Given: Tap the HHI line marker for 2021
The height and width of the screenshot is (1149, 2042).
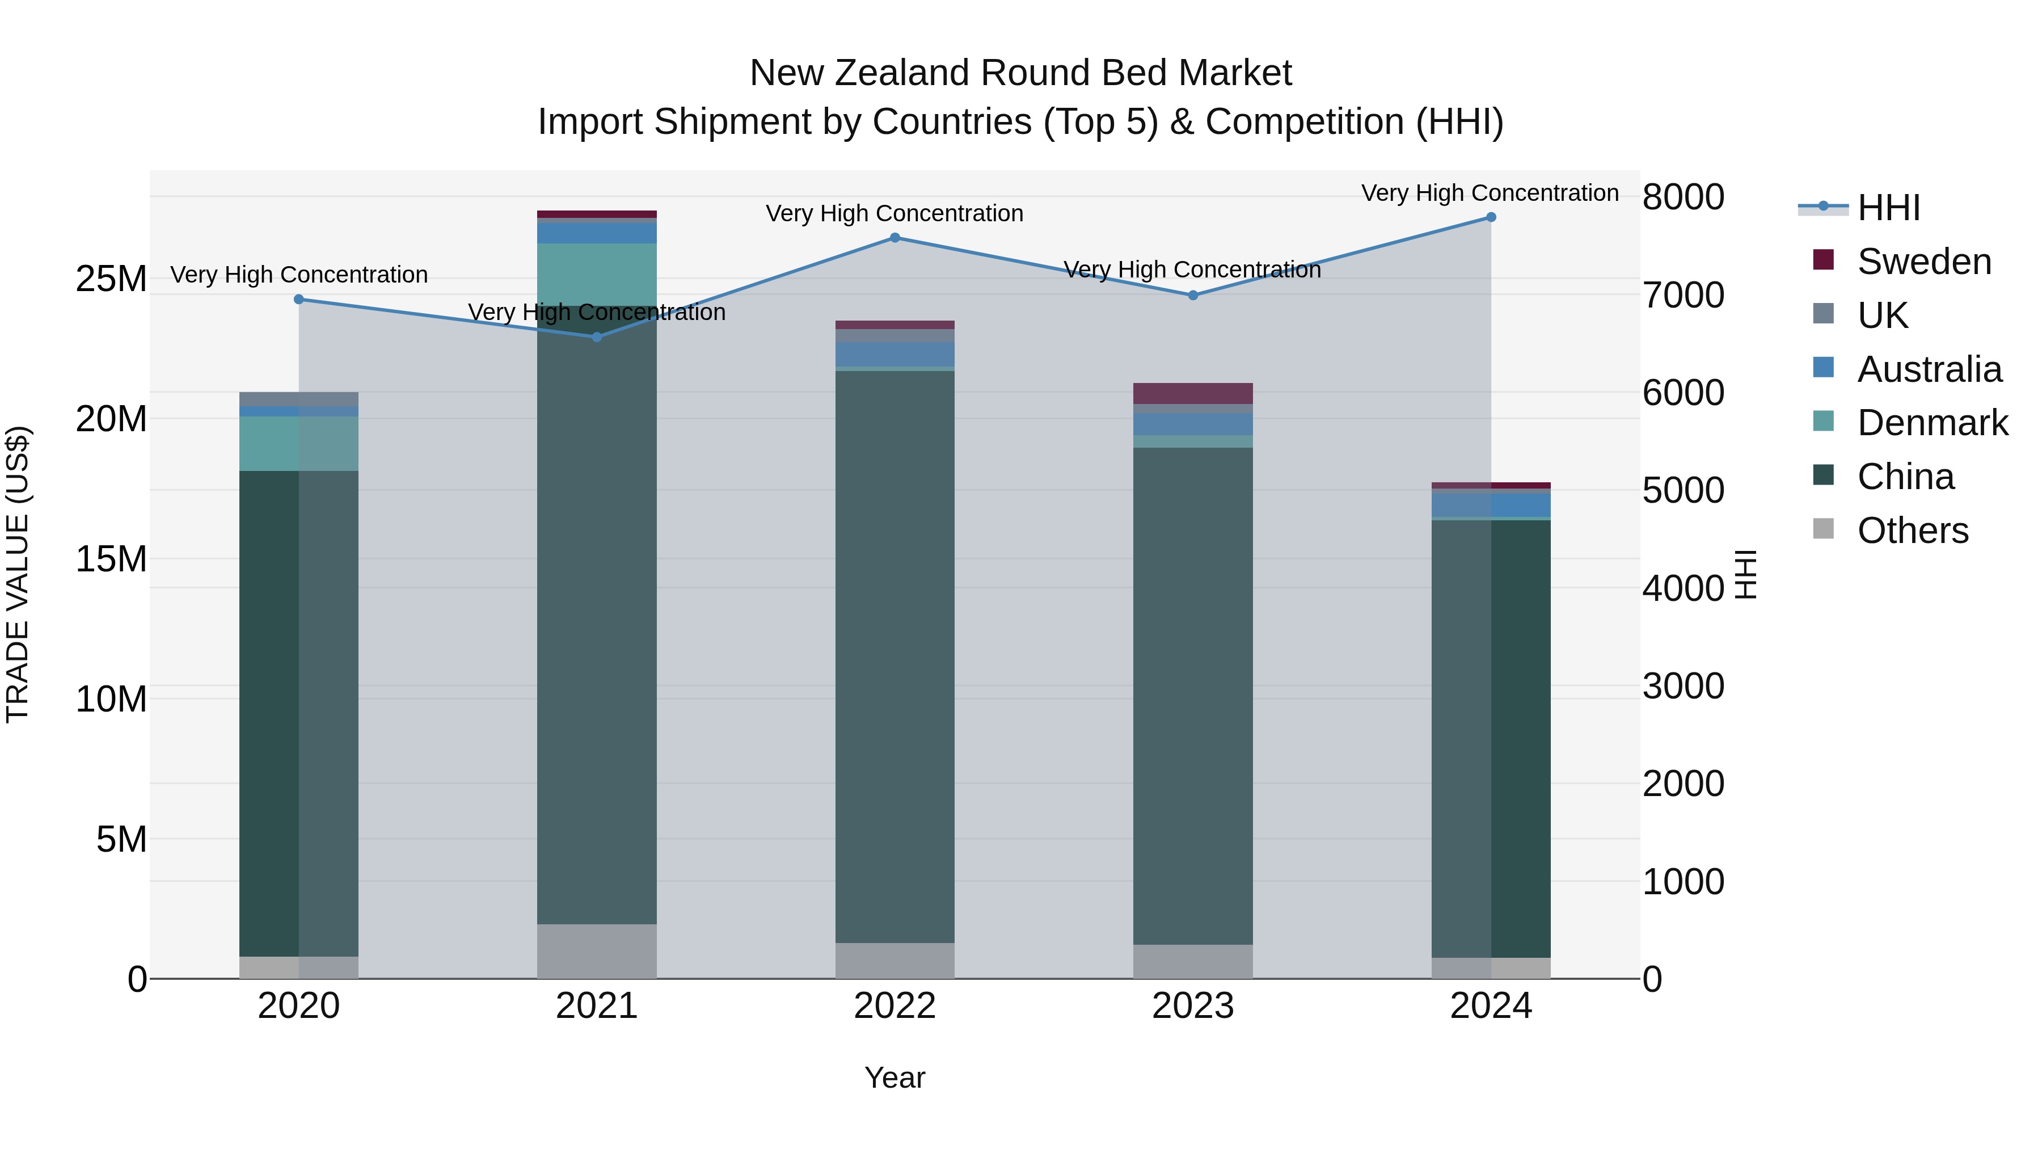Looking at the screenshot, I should point(597,337).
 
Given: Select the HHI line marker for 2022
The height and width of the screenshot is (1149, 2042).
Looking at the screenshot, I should point(895,237).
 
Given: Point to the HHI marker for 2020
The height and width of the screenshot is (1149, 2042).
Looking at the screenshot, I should point(299,299).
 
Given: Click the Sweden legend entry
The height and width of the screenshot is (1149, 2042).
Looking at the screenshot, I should point(1924,262).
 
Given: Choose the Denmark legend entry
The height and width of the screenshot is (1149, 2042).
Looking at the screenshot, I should point(1932,423).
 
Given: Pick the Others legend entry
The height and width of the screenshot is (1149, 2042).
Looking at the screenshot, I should point(1912,531).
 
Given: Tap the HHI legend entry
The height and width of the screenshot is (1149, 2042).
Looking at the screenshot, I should point(1888,208).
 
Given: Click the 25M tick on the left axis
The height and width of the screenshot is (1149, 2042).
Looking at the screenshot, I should point(111,279).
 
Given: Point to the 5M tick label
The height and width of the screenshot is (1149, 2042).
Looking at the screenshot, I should point(121,839).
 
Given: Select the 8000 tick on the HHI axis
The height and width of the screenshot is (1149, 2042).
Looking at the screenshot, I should point(1683,197).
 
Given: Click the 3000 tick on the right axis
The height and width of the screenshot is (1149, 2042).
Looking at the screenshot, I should point(1683,686).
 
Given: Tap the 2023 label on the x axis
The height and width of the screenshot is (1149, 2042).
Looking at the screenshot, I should point(1192,1006).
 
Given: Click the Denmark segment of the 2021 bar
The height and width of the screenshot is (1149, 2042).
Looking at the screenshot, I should point(597,275).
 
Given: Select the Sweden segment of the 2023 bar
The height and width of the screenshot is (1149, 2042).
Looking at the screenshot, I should point(1192,393).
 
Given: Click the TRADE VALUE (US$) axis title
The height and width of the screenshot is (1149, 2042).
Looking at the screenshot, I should point(18,574).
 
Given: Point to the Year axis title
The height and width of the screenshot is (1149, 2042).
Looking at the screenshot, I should point(895,1078).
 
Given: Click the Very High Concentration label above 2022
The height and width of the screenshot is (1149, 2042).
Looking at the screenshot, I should point(895,213).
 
